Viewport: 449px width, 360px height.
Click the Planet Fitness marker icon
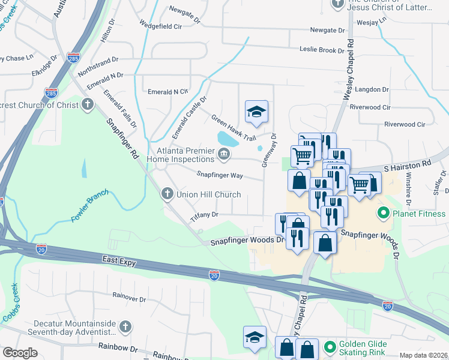tap(382, 214)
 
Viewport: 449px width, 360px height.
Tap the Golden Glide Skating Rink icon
tap(328, 347)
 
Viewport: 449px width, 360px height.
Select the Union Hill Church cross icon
tap(167, 194)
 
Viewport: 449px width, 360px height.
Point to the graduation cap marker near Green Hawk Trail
tap(256, 112)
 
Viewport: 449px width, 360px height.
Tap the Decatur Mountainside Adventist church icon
tap(125, 326)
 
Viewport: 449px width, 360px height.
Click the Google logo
tap(20, 353)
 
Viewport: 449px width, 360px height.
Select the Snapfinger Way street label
tap(220, 175)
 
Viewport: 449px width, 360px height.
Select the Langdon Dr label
tap(372, 89)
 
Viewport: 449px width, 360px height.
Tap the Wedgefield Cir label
tap(160, 26)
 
